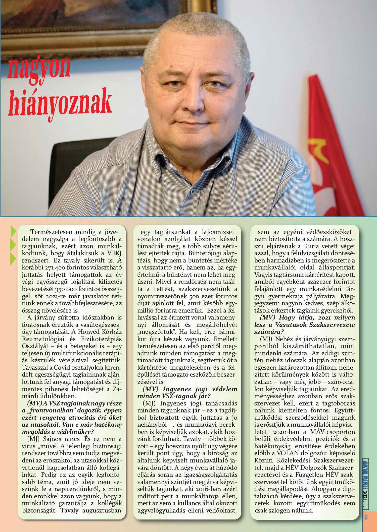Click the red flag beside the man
coord(332,151)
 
